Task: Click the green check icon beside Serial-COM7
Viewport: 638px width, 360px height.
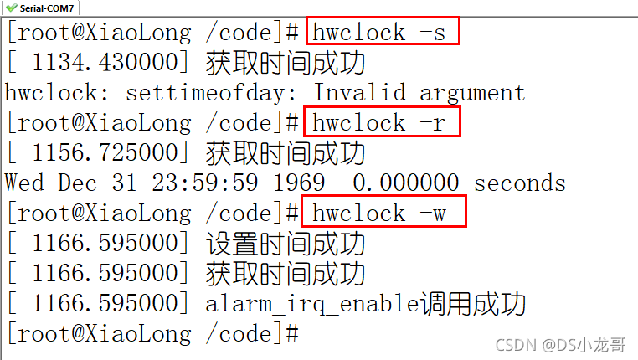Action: tap(11, 7)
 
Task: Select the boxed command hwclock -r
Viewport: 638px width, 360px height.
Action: tap(383, 123)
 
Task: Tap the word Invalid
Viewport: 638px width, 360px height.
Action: tap(358, 93)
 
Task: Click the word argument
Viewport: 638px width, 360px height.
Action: tap(472, 93)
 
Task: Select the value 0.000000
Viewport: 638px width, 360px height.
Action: tap(405, 183)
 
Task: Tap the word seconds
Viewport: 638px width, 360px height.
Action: tap(519, 183)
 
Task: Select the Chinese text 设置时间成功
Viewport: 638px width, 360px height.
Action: tap(285, 244)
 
